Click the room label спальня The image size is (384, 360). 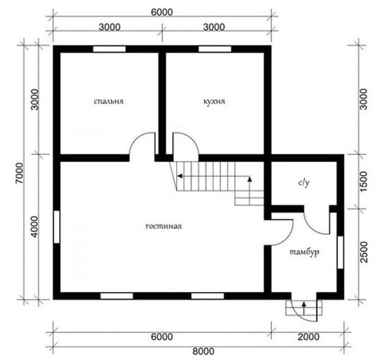109,101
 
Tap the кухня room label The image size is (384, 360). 214,101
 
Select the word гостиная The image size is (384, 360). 164,226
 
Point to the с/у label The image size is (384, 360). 304,183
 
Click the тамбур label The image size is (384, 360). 304,252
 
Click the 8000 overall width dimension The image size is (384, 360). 203,352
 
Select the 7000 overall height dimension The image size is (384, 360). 20,173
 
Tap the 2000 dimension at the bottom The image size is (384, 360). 309,337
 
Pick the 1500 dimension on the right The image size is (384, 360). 364,182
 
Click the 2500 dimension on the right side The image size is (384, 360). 364,252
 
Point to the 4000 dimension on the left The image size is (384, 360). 35,227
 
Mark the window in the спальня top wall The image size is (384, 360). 109,49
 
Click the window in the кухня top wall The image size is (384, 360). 215,49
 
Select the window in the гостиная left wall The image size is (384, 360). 57,227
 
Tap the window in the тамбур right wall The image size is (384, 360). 340,252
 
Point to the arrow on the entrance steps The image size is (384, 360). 304,308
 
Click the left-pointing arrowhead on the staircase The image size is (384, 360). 180,176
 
